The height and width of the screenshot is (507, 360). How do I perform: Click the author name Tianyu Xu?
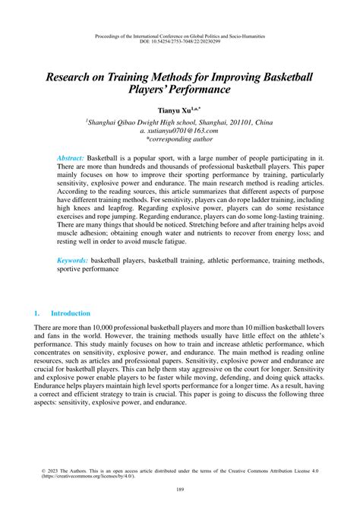pyautogui.click(x=177, y=110)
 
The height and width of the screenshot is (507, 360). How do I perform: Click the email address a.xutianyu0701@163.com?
pyautogui.click(x=180, y=131)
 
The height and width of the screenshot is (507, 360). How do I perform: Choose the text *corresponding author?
pyautogui.click(x=180, y=141)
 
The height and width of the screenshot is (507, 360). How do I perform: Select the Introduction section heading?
pyautogui.click(x=70, y=313)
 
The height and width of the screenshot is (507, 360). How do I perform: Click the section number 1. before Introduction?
pyautogui.click(x=36, y=313)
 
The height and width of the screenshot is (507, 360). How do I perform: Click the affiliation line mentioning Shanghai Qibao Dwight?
pyautogui.click(x=180, y=121)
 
